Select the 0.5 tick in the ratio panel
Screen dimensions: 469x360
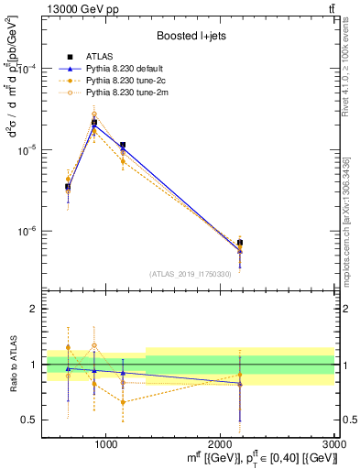(30, 420)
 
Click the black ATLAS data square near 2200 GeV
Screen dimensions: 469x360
(240, 243)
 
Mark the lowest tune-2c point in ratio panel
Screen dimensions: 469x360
(123, 402)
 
